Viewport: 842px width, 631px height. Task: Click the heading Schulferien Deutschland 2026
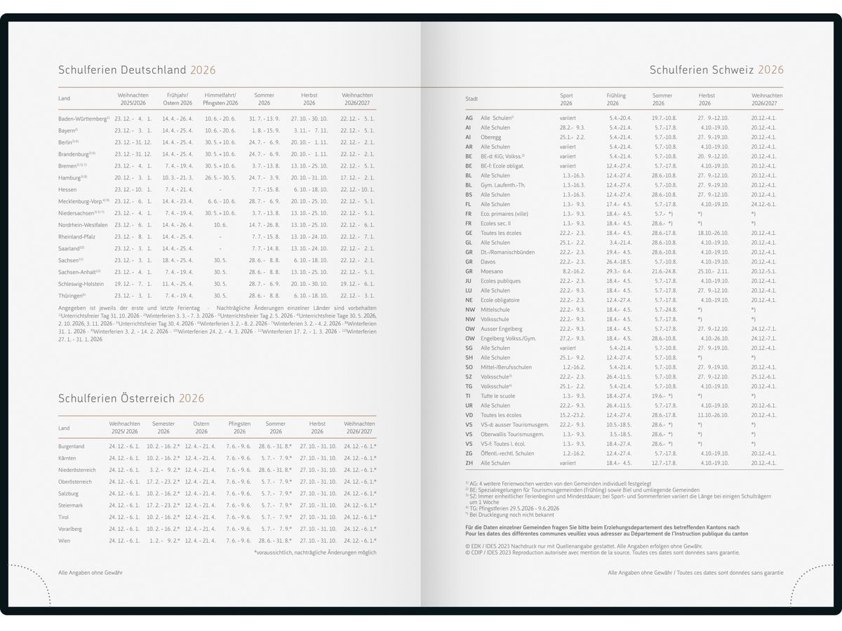pos(137,70)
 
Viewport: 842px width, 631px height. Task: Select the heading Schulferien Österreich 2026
pos(131,398)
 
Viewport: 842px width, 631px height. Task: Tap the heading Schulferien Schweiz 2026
pos(716,70)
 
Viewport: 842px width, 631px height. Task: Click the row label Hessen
pos(68,189)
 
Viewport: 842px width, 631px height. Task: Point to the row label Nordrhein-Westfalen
pos(83,225)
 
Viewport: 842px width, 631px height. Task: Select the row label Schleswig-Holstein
pos(81,284)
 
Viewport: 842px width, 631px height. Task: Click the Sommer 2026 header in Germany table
pos(264,99)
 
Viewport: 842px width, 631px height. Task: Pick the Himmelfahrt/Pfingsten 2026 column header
pos(220,99)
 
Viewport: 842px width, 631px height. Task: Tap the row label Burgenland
pos(72,447)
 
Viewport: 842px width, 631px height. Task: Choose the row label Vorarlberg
pos(71,529)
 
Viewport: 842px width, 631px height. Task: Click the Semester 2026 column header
pos(163,428)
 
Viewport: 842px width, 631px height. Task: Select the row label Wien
pos(65,541)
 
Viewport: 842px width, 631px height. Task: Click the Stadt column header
pos(472,99)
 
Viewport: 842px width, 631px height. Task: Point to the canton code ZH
pos(469,463)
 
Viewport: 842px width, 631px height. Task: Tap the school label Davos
pos(489,262)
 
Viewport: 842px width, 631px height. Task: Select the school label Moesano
pos(492,271)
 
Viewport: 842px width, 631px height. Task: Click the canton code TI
pos(468,396)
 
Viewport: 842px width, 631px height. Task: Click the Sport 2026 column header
pos(566,99)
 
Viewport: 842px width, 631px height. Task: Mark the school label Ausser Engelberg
pos(502,329)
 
